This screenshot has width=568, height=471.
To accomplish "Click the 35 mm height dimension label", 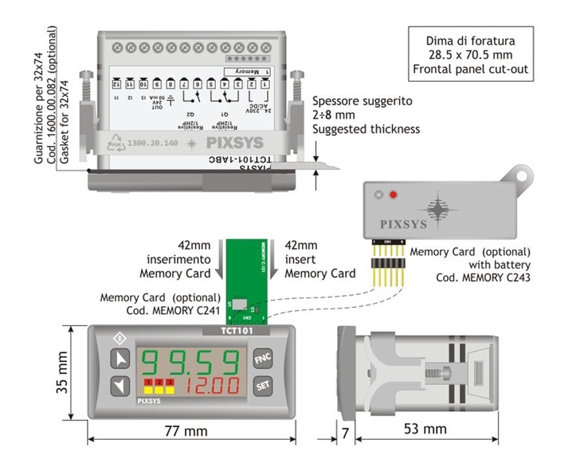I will point(61,374).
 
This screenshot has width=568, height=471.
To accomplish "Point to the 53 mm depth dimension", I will point(425,429).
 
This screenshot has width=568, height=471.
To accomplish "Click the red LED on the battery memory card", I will point(393,195).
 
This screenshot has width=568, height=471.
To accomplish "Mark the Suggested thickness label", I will point(365,129).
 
